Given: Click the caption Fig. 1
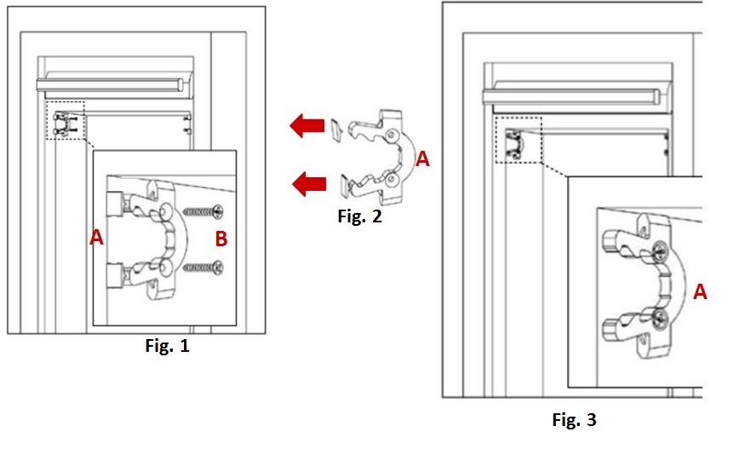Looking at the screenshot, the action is point(167,345).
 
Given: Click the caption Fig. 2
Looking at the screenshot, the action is point(359,216).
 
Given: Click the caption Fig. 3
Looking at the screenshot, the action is point(574,419).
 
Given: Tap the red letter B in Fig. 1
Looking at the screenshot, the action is point(221,239).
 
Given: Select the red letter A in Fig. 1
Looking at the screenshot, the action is point(96,238).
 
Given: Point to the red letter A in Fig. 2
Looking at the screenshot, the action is point(422,158).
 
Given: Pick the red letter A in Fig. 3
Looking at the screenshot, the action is point(700,291).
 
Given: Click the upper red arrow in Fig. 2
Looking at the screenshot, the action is point(307,125).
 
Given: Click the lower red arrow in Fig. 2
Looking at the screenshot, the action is point(309,184).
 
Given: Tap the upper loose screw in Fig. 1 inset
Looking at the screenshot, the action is point(203,211).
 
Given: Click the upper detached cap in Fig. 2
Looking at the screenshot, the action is point(335,129).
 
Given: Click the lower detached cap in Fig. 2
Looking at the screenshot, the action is point(345,185).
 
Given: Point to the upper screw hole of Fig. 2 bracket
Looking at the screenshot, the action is point(392,135).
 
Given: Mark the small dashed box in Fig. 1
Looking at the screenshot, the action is point(66,120).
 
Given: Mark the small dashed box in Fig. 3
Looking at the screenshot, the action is point(519,140).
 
